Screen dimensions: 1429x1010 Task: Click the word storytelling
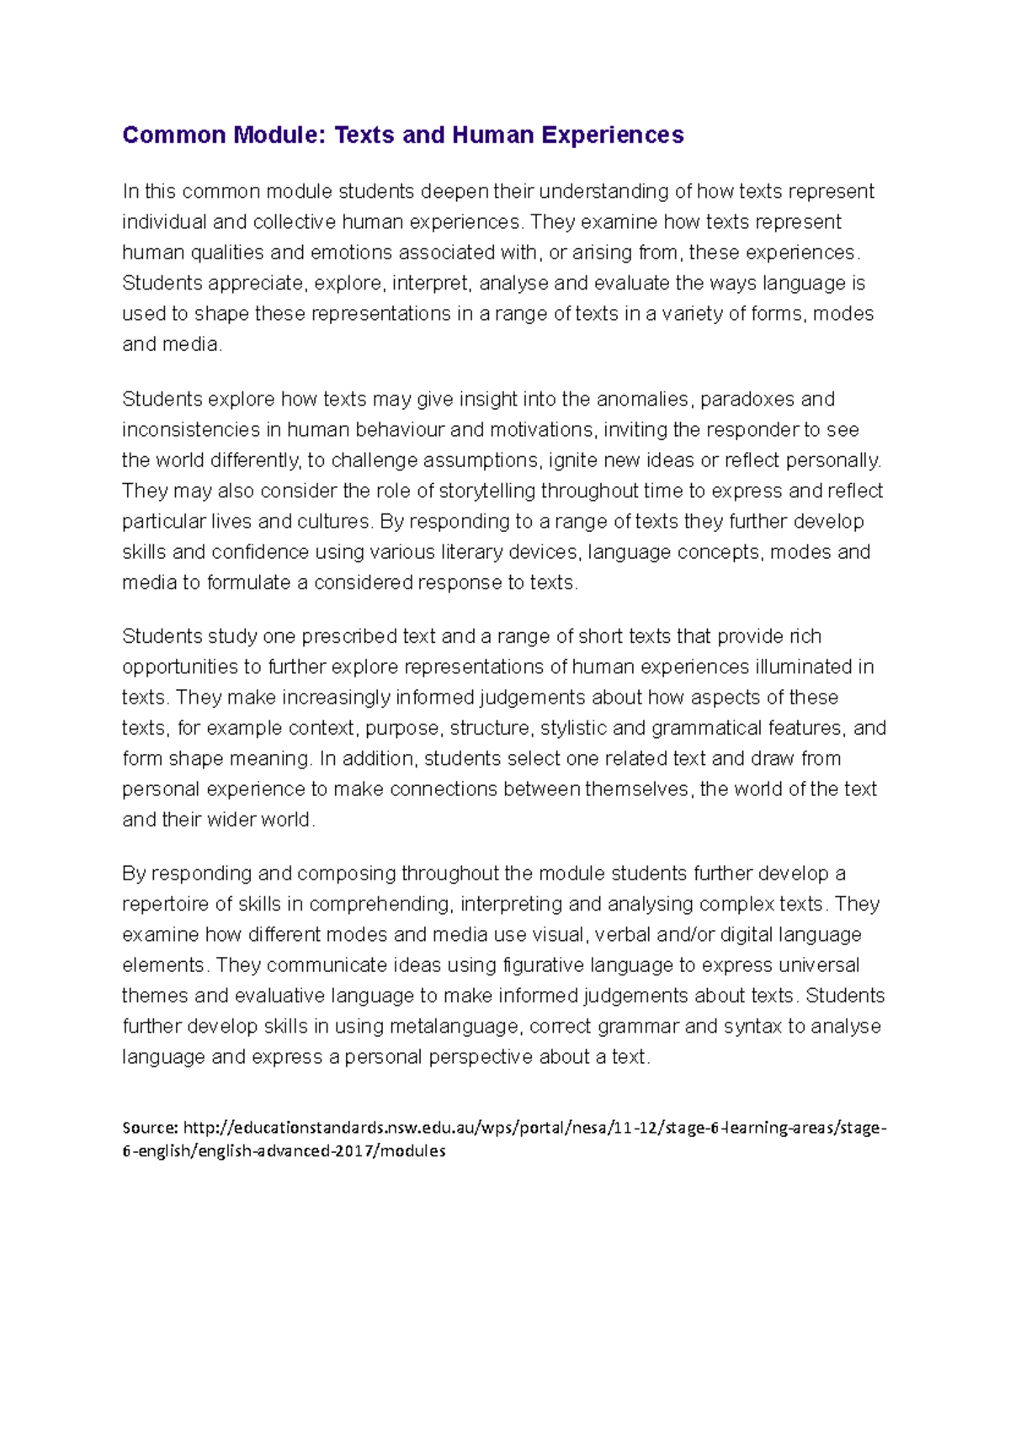click(x=487, y=491)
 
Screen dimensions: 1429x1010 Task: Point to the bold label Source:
click(x=150, y=1128)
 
